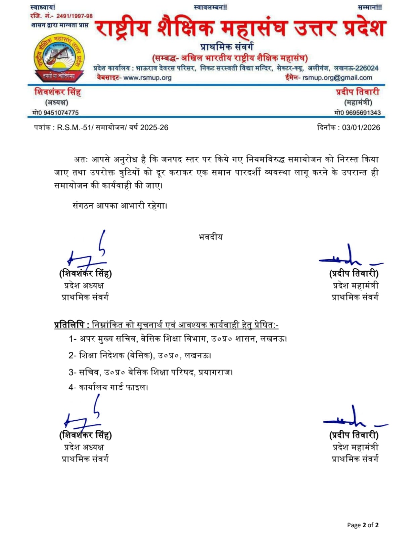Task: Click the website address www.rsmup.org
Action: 147,78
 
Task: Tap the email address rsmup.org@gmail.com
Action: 337,78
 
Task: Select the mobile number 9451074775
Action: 61,113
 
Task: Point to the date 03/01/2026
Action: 361,127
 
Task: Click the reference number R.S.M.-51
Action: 75,127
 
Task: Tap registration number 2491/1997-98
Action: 74,16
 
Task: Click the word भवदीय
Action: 211,237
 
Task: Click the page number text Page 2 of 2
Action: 363,525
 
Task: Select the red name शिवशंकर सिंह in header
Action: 58,92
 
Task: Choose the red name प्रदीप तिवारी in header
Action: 358,92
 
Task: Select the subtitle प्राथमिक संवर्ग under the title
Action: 227,46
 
